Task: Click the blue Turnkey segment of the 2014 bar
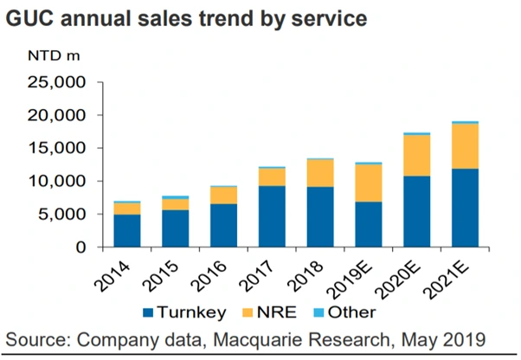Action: [126, 230]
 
